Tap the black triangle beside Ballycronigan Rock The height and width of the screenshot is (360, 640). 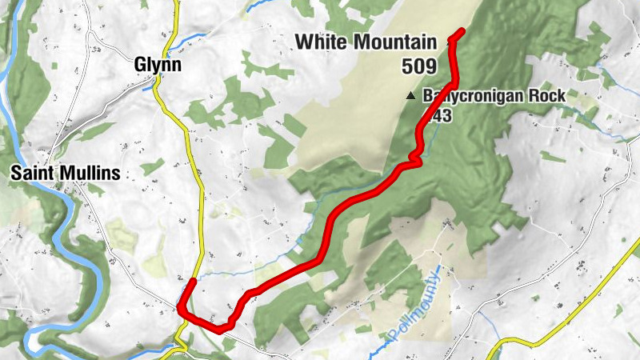tap(410, 96)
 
